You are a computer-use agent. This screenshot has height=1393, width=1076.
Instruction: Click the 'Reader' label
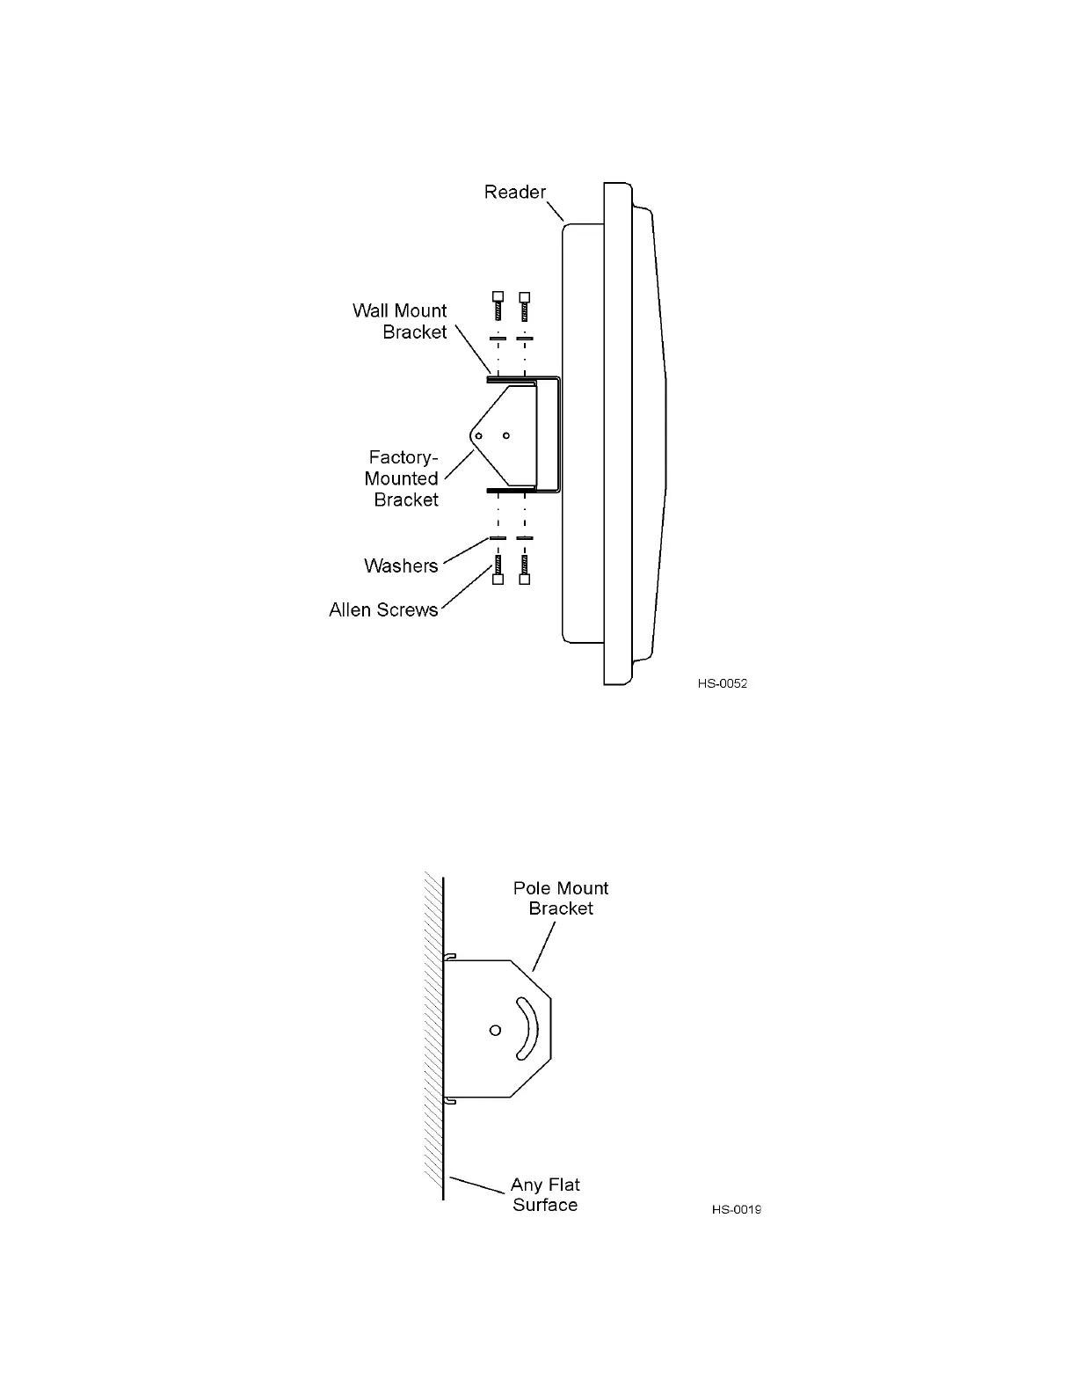click(x=514, y=192)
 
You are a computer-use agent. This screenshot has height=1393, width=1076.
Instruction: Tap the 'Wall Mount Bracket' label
click(x=400, y=321)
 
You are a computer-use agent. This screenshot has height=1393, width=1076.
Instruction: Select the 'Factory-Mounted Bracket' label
click(x=402, y=478)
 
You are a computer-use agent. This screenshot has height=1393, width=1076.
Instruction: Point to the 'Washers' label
click(x=401, y=565)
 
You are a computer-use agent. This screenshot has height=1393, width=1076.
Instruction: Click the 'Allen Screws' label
click(x=383, y=609)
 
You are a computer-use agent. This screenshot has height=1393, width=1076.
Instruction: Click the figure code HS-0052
click(x=723, y=683)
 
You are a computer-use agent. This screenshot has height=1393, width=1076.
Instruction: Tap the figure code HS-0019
click(x=737, y=1209)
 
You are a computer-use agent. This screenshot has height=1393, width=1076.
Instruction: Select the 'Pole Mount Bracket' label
click(x=561, y=898)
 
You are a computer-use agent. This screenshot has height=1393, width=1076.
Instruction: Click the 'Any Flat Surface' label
click(x=545, y=1195)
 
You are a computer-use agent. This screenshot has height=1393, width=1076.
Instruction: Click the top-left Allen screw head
click(x=498, y=296)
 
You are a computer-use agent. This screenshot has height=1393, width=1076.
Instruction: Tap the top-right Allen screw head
click(x=525, y=296)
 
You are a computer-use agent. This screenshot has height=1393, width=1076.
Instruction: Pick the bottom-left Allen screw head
click(x=498, y=580)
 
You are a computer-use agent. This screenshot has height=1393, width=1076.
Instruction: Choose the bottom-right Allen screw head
click(x=525, y=580)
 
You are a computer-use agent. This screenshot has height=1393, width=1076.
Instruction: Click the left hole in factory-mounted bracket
click(x=478, y=435)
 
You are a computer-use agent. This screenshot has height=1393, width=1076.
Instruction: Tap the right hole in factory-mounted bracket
click(x=506, y=435)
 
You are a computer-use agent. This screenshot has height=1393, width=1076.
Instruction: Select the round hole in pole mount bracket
click(x=495, y=1030)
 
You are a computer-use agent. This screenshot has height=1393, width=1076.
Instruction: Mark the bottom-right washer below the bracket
click(x=525, y=538)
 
